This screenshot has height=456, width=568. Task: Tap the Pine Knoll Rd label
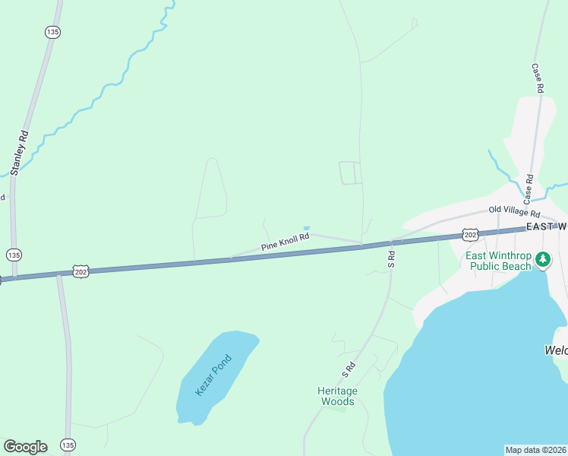286,242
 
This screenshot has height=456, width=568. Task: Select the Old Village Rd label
514,211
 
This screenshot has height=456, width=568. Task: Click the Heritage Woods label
337,396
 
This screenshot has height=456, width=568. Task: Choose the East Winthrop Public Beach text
500,261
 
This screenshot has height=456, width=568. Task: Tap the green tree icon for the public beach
543,260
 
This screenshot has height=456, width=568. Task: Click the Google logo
25,447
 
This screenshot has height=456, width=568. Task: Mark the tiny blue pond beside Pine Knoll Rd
307,227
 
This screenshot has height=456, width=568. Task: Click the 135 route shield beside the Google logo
68,445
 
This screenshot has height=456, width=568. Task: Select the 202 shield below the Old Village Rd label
471,235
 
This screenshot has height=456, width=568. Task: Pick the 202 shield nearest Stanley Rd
81,271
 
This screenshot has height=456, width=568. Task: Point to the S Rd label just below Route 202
392,260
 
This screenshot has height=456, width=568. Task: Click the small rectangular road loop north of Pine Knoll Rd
350,173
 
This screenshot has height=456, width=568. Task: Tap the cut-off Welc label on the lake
556,350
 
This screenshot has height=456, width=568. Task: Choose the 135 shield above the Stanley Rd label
52,32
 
